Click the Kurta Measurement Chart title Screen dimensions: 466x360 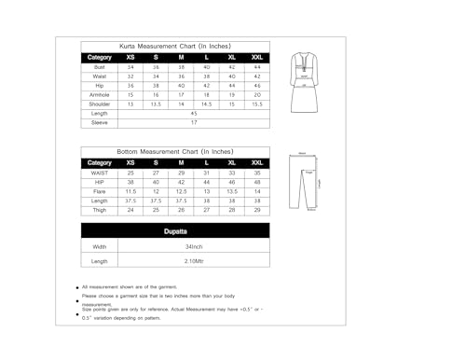click(177, 44)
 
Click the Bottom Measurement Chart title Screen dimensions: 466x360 click(177, 150)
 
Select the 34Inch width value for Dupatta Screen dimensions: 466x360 click(194, 246)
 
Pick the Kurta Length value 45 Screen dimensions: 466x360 click(194, 113)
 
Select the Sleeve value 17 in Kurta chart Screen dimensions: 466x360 click(194, 122)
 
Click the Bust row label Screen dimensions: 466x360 click(99, 67)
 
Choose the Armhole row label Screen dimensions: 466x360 click(99, 94)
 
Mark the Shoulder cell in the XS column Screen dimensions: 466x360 click(130, 104)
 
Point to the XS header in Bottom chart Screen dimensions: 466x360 click(130, 162)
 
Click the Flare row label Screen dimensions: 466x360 click(99, 191)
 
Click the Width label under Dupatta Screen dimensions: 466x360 click(100, 246)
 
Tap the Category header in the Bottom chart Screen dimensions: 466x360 click(99, 162)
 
